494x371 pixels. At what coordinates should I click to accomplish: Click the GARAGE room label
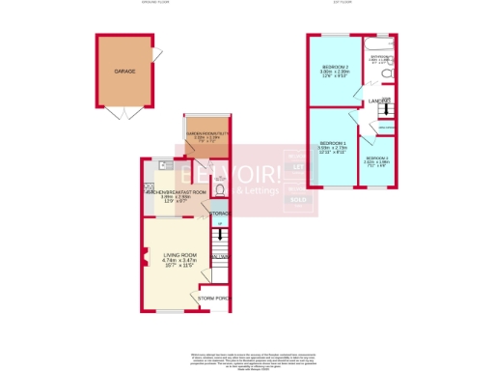pos(123,71)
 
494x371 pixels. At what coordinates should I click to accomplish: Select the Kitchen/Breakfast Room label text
pos(176,192)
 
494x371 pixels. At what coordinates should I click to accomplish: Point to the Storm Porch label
pos(215,299)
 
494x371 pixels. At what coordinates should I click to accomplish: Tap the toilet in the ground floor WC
pos(222,190)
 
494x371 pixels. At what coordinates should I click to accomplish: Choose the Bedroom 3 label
pos(377,157)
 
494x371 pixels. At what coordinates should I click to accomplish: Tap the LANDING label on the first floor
pos(376,100)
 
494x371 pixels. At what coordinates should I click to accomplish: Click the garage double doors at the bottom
pos(123,114)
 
